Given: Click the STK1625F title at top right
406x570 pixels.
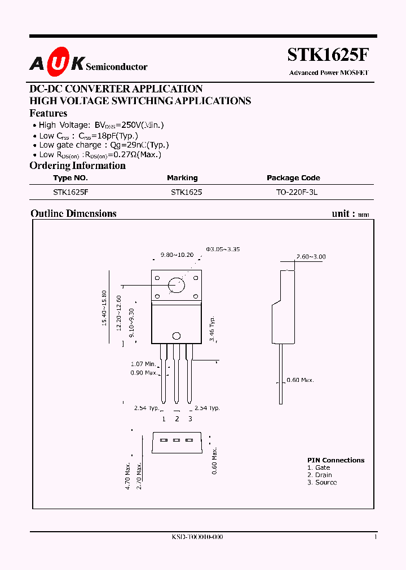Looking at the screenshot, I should tap(328, 55).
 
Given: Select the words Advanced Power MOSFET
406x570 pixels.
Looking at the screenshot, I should tap(328, 73).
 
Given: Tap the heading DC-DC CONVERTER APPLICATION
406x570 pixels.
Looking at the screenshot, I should tap(116, 89).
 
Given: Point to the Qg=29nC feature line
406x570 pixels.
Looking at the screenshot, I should tap(104, 145).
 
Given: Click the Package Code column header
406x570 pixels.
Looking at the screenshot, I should tap(293, 178).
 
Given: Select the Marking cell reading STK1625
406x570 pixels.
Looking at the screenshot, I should tap(186, 192).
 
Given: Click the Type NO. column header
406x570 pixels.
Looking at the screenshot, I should tap(70, 178).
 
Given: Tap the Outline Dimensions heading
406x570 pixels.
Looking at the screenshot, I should tap(73, 213).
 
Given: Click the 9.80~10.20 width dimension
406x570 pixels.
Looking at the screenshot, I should tap(176, 255).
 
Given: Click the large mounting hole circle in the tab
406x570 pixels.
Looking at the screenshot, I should tap(176, 285).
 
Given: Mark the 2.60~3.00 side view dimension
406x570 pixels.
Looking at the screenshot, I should tap(311, 257).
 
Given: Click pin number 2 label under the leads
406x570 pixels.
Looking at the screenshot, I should tap(176, 418).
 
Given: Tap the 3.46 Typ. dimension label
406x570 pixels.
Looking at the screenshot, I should tap(213, 328).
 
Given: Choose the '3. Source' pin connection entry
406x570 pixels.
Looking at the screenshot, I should tap(322, 483).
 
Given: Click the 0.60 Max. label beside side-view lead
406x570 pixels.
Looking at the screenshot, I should tap(300, 380).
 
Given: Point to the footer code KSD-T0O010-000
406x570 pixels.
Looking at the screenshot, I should tap(197, 537).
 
